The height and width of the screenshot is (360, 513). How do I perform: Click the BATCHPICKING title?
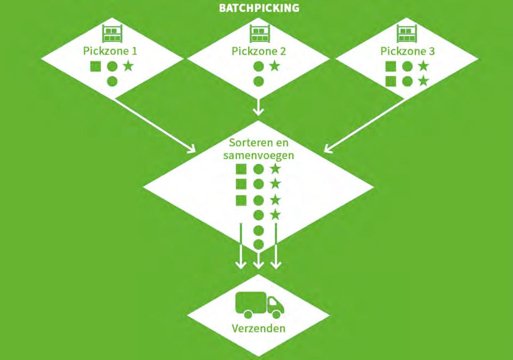259,8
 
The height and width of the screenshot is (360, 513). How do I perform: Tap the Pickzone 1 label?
110,51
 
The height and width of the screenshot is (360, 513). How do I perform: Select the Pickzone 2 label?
259,51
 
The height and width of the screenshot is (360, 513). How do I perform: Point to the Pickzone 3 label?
407,51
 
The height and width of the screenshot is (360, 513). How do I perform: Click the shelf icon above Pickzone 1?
111,34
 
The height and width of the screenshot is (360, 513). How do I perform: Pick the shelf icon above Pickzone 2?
259,34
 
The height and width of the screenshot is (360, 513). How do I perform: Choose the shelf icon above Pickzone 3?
407,34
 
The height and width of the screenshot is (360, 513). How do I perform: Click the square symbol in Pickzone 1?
96,67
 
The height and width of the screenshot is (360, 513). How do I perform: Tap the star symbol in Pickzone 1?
128,66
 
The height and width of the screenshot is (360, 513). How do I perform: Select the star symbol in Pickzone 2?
274,66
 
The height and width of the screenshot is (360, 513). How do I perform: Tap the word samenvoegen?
259,156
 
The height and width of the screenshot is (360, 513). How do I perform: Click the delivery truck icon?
260,305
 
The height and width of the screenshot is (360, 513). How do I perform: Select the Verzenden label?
259,328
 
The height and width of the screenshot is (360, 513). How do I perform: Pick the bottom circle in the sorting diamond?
259,245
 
